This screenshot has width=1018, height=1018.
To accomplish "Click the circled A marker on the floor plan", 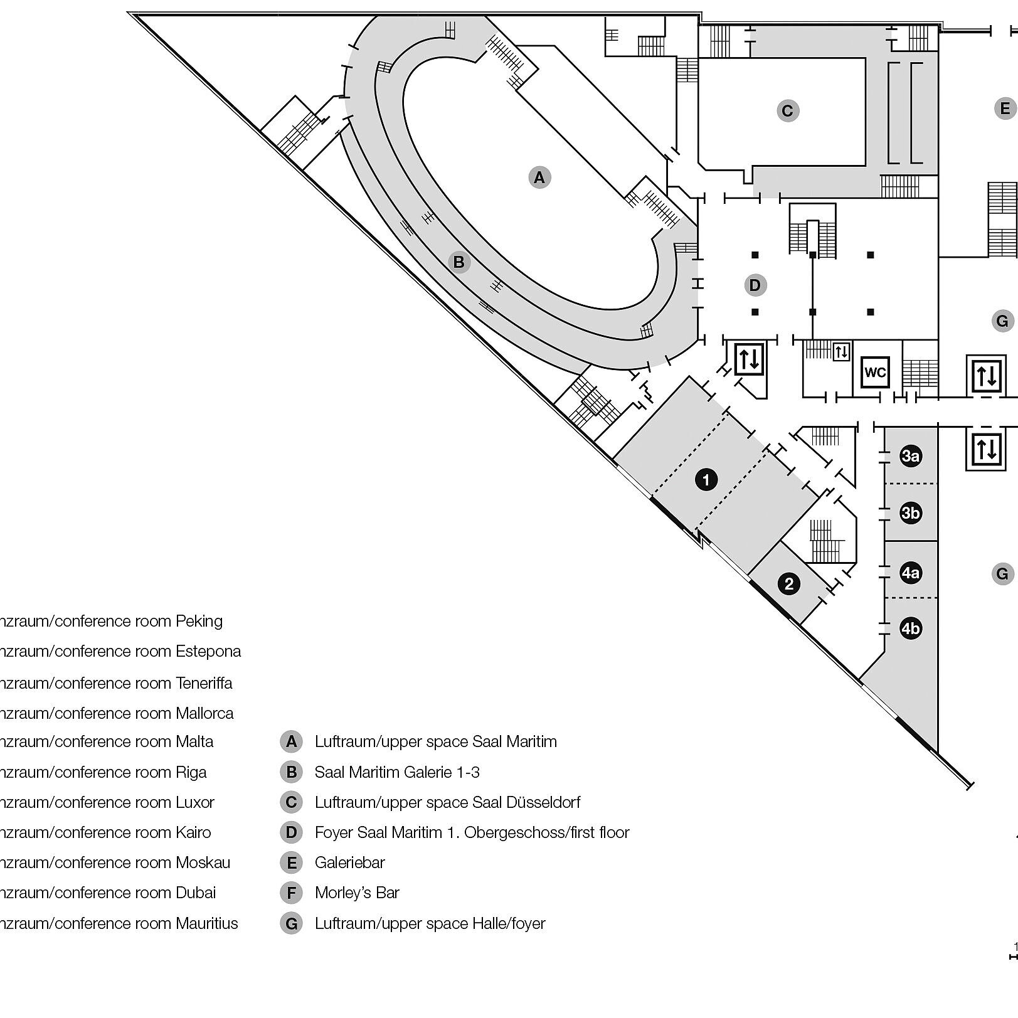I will (539, 178).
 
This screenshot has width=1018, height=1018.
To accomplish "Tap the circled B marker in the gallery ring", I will (459, 262).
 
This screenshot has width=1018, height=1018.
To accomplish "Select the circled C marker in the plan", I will (787, 111).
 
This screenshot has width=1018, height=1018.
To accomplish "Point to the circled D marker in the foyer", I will (755, 285).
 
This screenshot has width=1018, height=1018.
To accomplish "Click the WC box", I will (875, 373).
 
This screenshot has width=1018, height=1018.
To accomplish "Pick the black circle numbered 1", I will (706, 480).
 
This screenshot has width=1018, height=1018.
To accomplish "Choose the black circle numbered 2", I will (789, 584).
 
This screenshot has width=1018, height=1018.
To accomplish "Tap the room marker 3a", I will (910, 456).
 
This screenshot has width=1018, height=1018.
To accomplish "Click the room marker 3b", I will (910, 513).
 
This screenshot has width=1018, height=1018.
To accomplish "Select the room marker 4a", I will (910, 573).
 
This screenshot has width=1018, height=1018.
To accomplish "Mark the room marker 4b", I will (910, 628).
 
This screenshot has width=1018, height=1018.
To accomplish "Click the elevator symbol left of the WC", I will (841, 351).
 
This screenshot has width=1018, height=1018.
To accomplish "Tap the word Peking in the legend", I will (199, 621).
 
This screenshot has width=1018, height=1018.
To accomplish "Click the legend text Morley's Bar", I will (357, 893).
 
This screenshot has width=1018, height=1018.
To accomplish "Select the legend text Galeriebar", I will (349, 862).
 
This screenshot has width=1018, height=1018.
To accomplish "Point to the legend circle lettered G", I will (291, 923).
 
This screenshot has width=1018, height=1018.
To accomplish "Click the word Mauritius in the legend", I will (207, 923).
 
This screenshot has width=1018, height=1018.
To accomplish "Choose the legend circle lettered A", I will (291, 741).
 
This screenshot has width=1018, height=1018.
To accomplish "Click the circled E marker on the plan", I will (1005, 109).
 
